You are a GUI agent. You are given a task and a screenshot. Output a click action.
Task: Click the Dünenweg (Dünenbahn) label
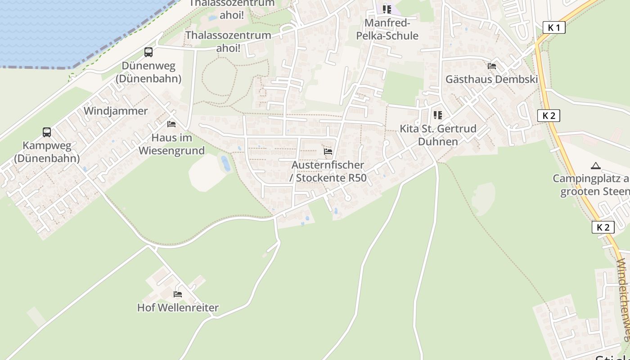[x=148, y=72]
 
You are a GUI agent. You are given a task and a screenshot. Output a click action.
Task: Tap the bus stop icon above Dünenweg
[x=148, y=52]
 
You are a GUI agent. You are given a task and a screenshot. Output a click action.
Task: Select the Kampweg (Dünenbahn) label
[x=47, y=152]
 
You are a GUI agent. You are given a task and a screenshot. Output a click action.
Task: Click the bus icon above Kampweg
[x=47, y=132]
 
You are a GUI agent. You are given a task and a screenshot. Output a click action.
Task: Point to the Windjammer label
[x=116, y=111]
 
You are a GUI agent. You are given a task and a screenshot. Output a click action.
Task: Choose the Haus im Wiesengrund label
[x=171, y=144]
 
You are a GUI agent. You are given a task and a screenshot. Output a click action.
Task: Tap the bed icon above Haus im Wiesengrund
[x=171, y=124]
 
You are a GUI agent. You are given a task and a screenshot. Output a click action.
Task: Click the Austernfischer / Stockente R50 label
[x=328, y=171]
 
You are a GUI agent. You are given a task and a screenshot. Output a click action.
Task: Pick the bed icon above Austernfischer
[x=328, y=152]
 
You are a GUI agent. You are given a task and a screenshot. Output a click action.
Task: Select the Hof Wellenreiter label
[x=178, y=308]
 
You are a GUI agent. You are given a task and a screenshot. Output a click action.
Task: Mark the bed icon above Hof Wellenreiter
[x=178, y=294]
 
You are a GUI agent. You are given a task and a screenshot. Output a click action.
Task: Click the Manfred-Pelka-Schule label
[x=387, y=29]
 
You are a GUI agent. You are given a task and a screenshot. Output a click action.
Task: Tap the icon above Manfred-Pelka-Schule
[x=387, y=9]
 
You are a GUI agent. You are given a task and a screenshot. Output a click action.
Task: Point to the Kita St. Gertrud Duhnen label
[x=438, y=135]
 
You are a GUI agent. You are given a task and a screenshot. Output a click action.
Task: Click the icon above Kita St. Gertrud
[x=438, y=115]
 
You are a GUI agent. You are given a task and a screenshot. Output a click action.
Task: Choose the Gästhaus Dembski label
[x=492, y=79]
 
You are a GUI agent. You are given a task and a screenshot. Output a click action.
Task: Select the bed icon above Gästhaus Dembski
[x=492, y=66]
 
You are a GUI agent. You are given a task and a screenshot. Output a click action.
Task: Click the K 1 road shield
[x=554, y=28]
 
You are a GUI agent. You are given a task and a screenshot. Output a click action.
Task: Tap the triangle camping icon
[x=596, y=166]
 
